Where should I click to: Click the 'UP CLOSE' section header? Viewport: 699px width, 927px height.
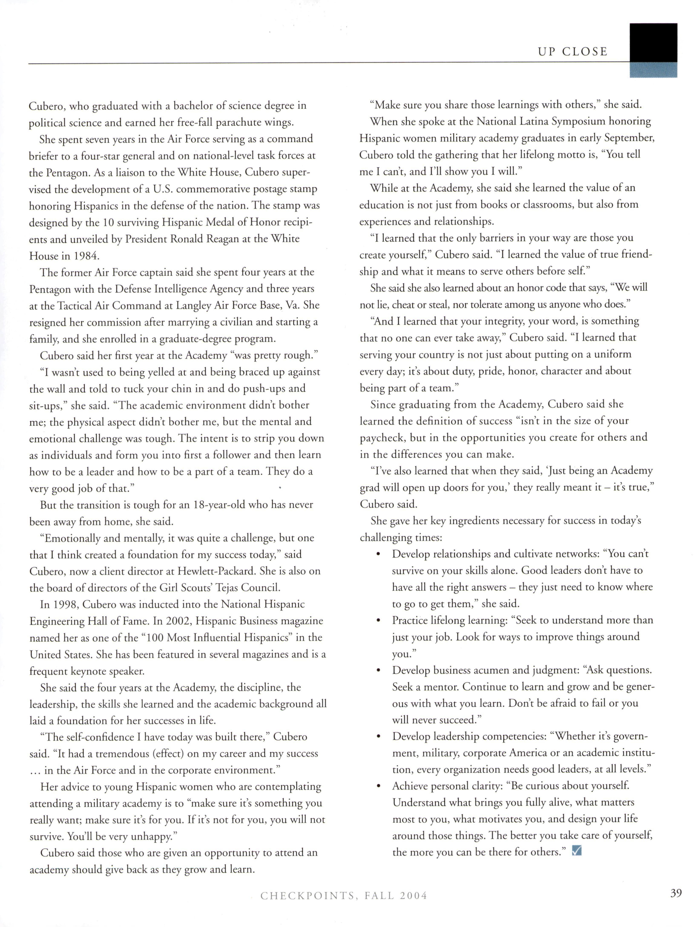(572, 52)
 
